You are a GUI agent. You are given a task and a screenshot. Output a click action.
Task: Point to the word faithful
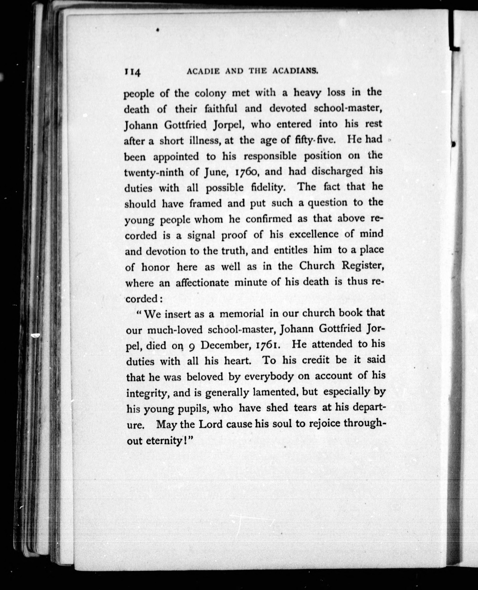click(220, 109)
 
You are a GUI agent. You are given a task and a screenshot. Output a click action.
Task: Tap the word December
click(225, 345)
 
